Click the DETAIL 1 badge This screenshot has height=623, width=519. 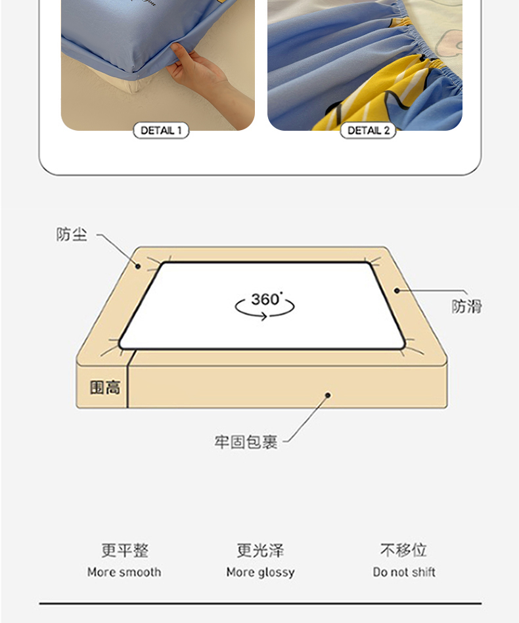161,130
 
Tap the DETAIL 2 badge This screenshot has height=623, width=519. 368,130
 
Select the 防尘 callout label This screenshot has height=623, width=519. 72,235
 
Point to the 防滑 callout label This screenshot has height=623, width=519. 466,306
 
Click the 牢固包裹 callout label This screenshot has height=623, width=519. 246,442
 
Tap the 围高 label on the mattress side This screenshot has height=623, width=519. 105,387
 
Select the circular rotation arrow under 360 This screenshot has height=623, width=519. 265,309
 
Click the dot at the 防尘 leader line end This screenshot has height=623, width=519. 138,266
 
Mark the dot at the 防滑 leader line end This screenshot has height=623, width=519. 397,291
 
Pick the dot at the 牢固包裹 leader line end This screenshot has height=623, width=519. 328,395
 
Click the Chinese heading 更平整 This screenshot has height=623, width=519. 125,550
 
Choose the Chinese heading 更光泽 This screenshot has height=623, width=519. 261,550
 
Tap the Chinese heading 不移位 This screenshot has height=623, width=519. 403,550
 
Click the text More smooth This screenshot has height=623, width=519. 124,572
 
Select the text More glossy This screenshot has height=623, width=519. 261,572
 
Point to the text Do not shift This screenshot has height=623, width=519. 404,572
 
